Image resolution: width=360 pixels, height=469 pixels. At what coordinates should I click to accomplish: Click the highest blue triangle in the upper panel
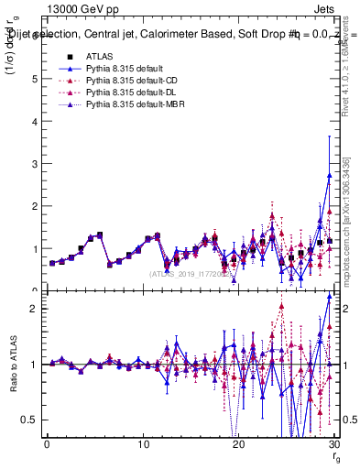point(330,174)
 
